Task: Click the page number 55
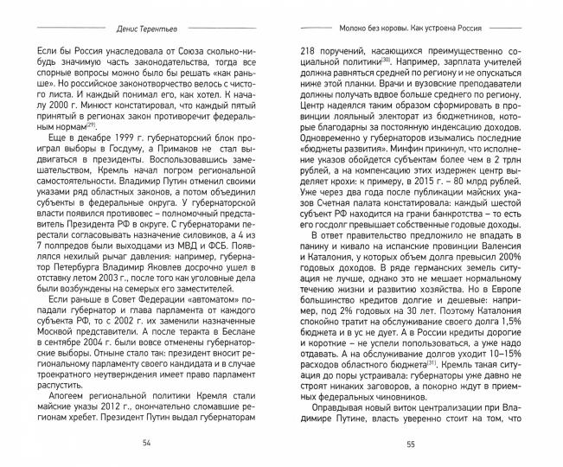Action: click(x=411, y=445)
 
